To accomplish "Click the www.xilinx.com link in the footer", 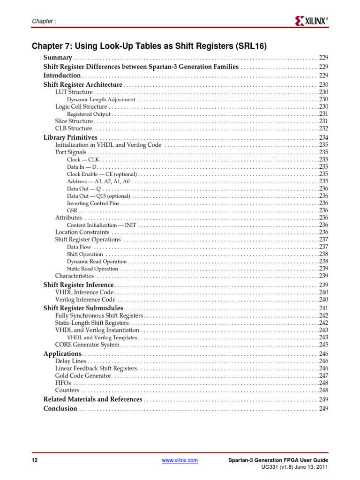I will [180, 461].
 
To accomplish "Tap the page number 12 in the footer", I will [34, 461].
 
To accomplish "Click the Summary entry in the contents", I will [58, 57].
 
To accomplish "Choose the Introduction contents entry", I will [62, 75].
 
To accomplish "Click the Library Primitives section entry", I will [70, 137].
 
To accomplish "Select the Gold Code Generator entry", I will [83, 375].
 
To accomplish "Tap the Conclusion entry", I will [60, 408].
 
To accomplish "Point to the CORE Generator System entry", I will [87, 345].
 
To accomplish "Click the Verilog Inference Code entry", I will [85, 299].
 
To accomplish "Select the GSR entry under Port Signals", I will [72, 210].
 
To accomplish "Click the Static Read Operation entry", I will [92, 269].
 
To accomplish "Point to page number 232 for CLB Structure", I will [323, 128].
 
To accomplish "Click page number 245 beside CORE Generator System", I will [323, 345].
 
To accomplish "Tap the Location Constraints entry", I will [82, 232].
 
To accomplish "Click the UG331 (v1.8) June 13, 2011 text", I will [294, 468].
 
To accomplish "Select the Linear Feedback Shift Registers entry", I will [96, 368].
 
